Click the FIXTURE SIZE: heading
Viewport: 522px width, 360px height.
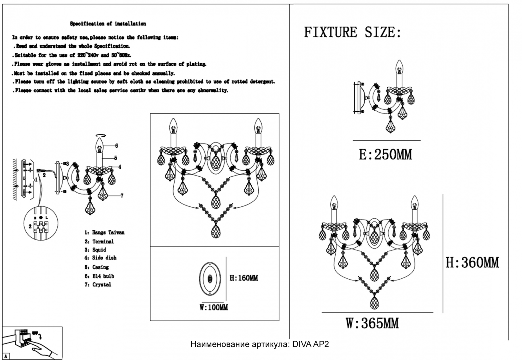[352, 32]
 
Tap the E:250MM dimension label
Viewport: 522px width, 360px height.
[385, 155]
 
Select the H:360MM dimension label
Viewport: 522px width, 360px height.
[472, 262]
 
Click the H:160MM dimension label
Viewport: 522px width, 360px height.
[244, 278]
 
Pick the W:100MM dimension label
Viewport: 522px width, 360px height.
[213, 307]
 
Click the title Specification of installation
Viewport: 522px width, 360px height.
[108, 24]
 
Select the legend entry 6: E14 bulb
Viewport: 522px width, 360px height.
[99, 276]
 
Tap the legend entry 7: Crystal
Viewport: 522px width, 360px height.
[98, 285]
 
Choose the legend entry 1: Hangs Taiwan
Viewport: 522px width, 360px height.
[104, 232]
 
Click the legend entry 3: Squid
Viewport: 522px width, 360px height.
[95, 250]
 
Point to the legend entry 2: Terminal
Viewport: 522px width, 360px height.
[99, 241]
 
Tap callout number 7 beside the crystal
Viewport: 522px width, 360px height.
[122, 196]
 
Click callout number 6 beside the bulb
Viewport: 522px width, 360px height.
[116, 146]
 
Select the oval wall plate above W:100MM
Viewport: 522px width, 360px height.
[210, 279]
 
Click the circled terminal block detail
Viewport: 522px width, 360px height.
[41, 223]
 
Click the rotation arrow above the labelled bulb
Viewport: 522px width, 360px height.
[101, 135]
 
